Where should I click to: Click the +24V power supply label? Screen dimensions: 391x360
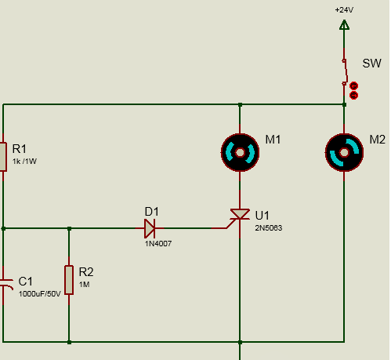point(344,10)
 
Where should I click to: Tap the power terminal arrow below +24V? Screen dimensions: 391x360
point(344,24)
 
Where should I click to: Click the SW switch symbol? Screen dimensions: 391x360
point(345,72)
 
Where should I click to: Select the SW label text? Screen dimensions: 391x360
point(371,64)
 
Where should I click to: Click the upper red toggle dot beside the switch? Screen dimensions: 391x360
point(353,85)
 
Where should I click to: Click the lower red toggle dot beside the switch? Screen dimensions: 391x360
point(353,96)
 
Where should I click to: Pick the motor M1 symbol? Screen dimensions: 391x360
point(240,152)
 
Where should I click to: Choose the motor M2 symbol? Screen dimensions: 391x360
point(344,152)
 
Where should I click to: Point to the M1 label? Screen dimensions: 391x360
point(273,140)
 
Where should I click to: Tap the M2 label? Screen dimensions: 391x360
point(377,140)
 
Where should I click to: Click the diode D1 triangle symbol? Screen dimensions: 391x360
point(150,228)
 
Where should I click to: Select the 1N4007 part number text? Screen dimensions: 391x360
point(158,244)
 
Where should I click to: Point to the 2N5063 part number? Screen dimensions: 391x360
point(269,228)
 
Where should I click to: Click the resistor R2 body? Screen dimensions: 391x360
point(69,280)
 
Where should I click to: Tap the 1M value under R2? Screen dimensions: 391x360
point(85,285)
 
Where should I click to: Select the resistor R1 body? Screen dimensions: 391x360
point(3,157)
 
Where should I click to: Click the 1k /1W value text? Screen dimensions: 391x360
point(24,162)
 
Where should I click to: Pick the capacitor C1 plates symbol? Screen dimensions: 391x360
point(6,285)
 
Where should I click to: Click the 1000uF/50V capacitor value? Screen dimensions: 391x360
point(39,294)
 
